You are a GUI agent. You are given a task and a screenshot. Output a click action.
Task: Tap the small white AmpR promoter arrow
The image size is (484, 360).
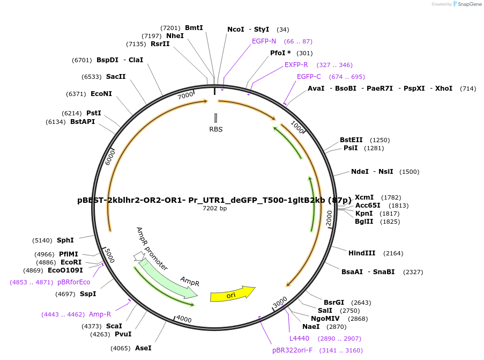click(139, 256)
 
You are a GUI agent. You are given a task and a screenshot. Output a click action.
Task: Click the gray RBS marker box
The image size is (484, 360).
click(216, 118)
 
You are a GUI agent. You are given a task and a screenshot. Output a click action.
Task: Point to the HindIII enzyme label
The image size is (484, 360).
click(362, 253)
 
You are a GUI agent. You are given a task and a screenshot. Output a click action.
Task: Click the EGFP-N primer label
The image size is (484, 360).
click(264, 41)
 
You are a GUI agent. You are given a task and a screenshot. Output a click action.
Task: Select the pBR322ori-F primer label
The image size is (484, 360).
click(292, 350)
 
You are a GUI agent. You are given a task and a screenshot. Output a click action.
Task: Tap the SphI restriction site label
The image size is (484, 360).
click(65, 240)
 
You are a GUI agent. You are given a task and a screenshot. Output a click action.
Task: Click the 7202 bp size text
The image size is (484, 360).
click(215, 208)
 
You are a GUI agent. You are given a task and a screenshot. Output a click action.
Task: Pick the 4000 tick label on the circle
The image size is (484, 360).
click(184, 319)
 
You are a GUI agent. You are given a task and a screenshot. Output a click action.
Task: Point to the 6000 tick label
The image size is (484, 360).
click(110, 157)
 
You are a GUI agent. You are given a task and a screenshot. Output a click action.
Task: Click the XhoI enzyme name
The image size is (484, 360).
click(444, 89)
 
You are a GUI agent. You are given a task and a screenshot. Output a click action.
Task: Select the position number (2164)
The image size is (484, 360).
click(393, 253)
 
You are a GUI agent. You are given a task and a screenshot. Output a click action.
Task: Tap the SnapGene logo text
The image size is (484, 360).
click(469, 4)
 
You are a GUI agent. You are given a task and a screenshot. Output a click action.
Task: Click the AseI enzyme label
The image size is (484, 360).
click(143, 348)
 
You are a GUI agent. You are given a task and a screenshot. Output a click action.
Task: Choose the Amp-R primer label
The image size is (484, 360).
click(100, 314)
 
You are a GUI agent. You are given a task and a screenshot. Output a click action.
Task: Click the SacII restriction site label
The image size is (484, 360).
click(116, 76)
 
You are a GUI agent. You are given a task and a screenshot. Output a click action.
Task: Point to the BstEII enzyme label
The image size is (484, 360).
click(351, 139)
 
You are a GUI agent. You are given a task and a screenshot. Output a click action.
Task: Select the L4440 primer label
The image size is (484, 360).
click(299, 339)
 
